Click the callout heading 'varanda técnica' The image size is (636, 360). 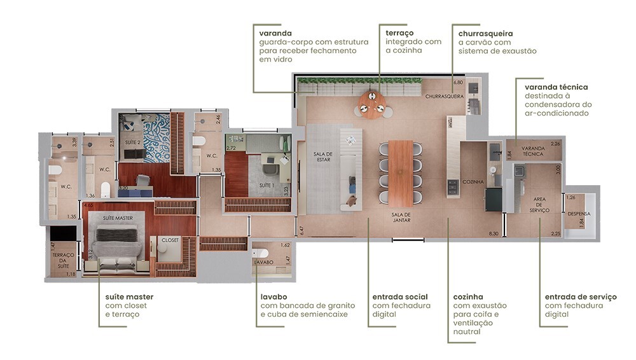556,87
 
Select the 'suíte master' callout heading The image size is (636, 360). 129,296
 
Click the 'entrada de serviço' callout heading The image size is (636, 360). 581,297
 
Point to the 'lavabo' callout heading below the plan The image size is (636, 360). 273,296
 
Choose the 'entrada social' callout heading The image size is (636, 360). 399,296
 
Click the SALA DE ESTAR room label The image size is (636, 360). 322,157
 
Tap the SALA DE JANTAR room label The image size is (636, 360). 401,218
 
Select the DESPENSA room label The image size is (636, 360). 579,214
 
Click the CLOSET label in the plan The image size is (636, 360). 170,240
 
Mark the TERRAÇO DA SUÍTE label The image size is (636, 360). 64,259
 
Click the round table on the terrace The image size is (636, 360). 371,102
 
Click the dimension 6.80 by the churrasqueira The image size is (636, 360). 457,83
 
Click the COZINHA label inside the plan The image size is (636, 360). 473,182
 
